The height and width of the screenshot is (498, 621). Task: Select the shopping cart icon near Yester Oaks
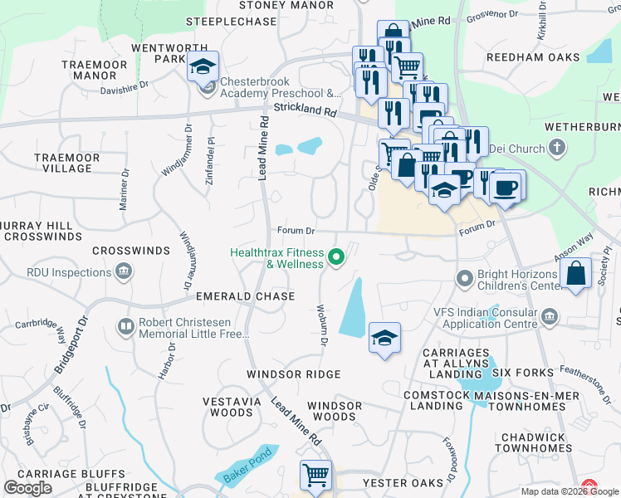315,476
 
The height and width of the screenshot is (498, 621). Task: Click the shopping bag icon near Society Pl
576,274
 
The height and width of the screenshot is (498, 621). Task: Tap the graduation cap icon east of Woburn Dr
384,337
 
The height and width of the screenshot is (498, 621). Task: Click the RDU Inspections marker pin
124,270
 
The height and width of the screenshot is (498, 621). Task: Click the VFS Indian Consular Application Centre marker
550,317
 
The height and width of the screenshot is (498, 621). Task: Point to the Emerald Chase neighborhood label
245,296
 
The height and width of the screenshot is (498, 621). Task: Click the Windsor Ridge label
293,374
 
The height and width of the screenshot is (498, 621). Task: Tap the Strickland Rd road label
304,109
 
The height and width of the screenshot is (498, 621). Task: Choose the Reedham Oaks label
531,57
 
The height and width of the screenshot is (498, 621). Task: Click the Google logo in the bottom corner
27,488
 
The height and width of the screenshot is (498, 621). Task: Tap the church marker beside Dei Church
557,149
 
